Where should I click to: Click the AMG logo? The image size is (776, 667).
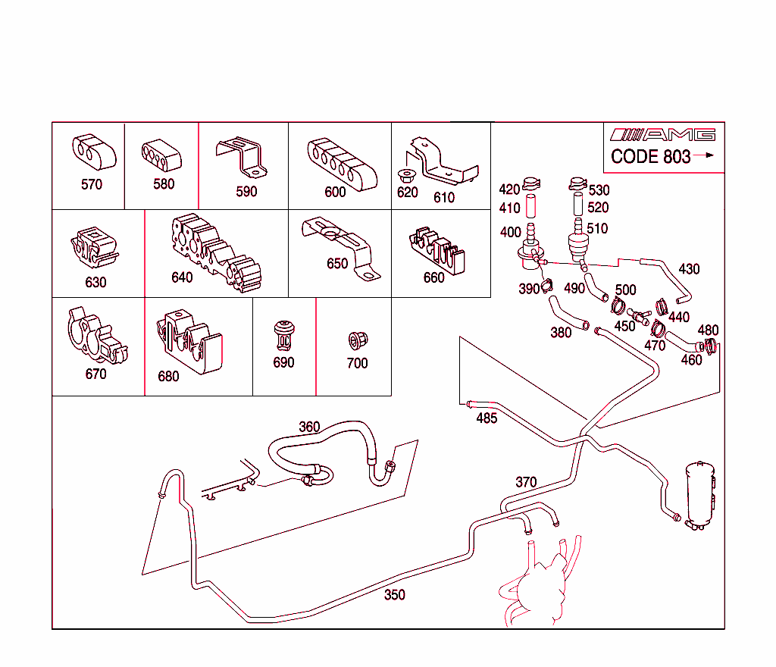pos(663,135)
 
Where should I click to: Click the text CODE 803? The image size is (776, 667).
pos(651,156)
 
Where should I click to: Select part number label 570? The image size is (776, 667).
pos(92,184)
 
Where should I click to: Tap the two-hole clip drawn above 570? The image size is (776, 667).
pos(93,152)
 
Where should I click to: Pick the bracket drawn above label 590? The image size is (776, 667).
pos(241,156)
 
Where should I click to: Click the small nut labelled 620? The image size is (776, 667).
pos(406,177)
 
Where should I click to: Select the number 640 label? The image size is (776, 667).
pos(182,277)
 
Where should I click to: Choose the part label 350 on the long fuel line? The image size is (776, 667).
pos(394,595)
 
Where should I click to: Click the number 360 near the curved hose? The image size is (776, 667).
pos(309,427)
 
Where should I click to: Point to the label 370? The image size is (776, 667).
pos(526,481)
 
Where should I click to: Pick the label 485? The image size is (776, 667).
pos(487,418)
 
